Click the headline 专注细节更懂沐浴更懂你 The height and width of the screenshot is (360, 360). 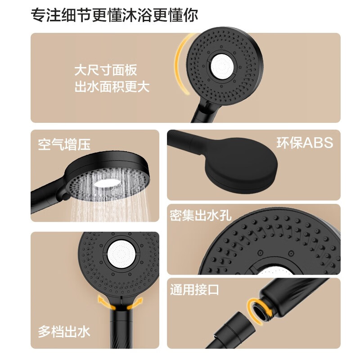click(114, 15)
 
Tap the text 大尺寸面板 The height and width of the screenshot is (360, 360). click(106, 70)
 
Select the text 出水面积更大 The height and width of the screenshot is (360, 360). click(112, 87)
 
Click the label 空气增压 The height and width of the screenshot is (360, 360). click(64, 144)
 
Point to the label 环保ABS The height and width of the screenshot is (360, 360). click(305, 143)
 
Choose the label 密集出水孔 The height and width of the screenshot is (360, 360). click(201, 216)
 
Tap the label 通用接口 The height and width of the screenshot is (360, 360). click(194, 289)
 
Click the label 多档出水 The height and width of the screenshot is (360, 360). click(64, 332)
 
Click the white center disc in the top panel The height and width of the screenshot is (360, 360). click(222, 66)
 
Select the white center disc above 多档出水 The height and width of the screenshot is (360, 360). click(121, 254)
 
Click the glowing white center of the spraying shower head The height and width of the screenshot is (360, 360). click(108, 183)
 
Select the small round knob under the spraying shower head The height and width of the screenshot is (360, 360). click(64, 196)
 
